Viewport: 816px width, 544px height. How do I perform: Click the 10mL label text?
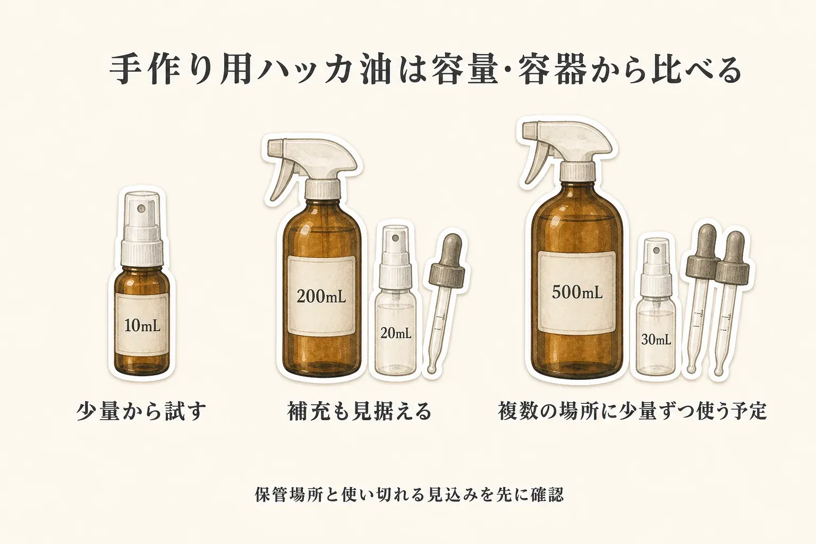(x=142, y=325)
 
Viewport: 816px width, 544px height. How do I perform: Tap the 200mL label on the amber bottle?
(x=321, y=296)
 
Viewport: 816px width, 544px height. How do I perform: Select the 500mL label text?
(x=577, y=292)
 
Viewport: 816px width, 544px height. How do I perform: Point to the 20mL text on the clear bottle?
(x=396, y=333)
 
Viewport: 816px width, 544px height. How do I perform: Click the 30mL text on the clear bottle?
(x=656, y=339)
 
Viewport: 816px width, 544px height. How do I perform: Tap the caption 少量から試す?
(x=141, y=411)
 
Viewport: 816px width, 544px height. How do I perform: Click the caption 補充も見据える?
(x=359, y=411)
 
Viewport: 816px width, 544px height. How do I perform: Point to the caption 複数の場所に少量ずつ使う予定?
(x=632, y=411)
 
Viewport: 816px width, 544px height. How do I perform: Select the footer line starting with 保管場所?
(x=410, y=495)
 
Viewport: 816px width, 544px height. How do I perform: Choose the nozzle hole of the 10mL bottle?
(x=141, y=208)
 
